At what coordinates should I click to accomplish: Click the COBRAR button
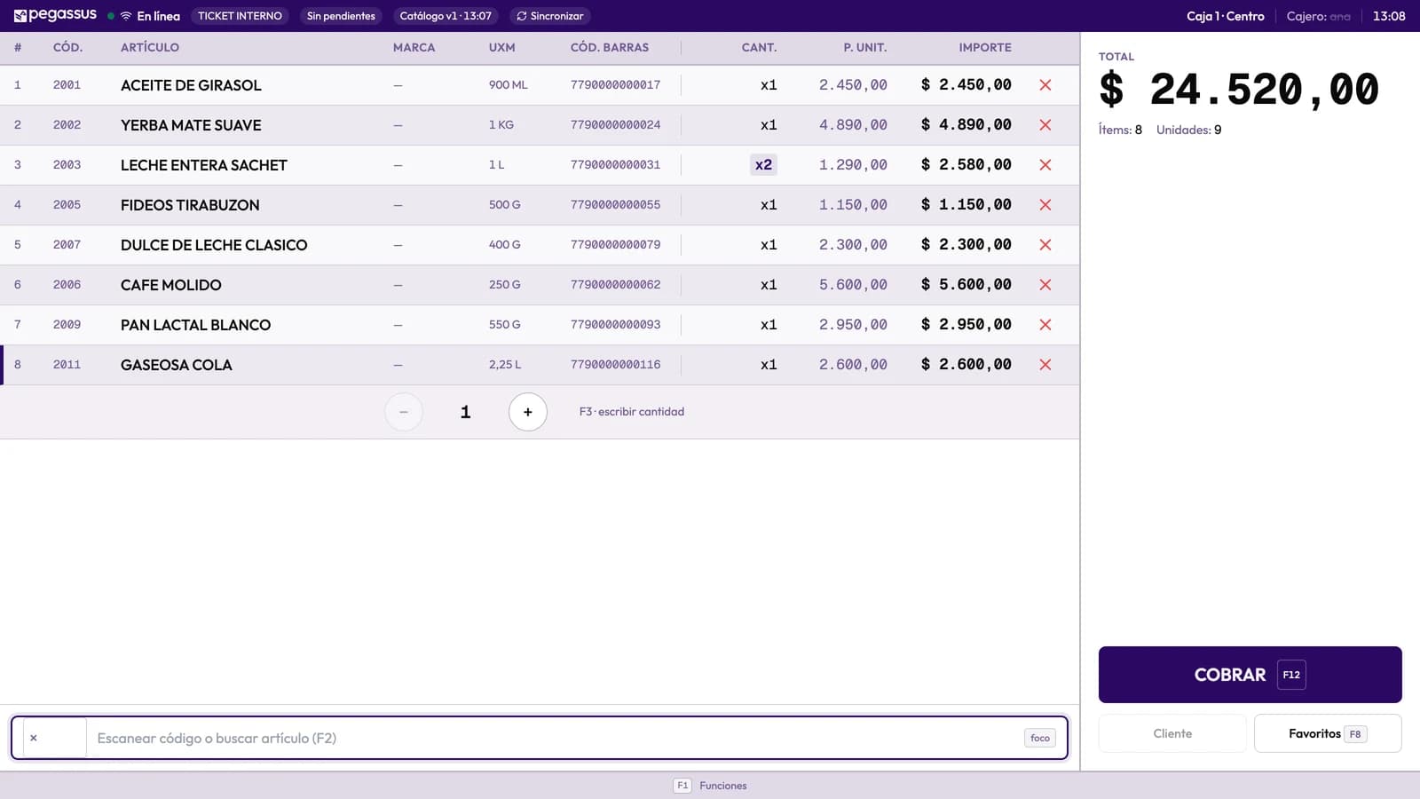pyautogui.click(x=1250, y=674)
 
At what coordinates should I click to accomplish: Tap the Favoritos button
pyautogui.click(x=1328, y=733)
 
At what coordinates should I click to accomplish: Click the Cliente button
pyautogui.click(x=1172, y=733)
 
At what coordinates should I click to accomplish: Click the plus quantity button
pyautogui.click(x=527, y=412)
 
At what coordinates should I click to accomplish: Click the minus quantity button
pyautogui.click(x=403, y=412)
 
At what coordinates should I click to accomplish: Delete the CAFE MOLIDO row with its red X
pyautogui.click(x=1045, y=285)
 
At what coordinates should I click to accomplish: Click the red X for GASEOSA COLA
pyautogui.click(x=1045, y=365)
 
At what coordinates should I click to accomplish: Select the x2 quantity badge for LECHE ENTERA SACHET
pyautogui.click(x=763, y=165)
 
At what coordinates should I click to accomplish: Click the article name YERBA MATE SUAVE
pyautogui.click(x=191, y=125)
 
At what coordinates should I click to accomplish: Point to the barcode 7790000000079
pyautogui.click(x=615, y=245)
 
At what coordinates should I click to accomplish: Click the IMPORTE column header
pyautogui.click(x=984, y=48)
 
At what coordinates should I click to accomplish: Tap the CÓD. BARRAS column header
pyautogui.click(x=609, y=48)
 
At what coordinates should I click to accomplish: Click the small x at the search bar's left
pyautogui.click(x=34, y=738)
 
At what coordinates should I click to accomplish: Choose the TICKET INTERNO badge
pyautogui.click(x=240, y=16)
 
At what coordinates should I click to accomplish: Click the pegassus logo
pyautogui.click(x=55, y=15)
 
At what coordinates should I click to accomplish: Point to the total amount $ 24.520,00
pyautogui.click(x=1238, y=90)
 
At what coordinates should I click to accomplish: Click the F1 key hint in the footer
pyautogui.click(x=682, y=785)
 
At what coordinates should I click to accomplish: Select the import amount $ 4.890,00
pyautogui.click(x=966, y=125)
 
